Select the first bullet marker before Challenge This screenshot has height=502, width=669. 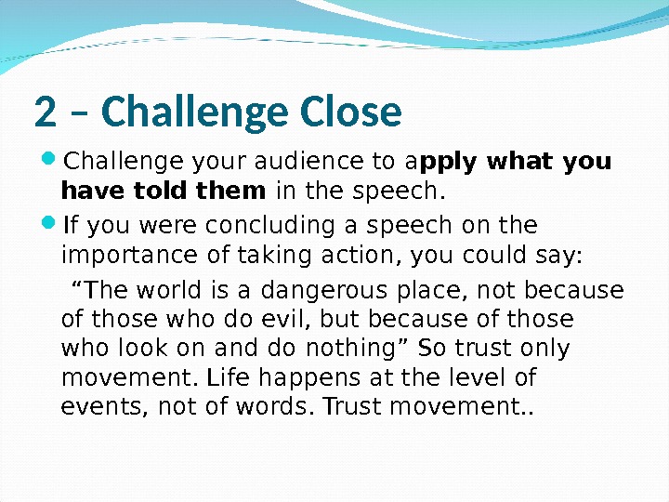coord(49,162)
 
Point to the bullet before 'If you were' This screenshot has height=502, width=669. coord(49,226)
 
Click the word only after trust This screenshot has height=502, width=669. coord(545,350)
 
